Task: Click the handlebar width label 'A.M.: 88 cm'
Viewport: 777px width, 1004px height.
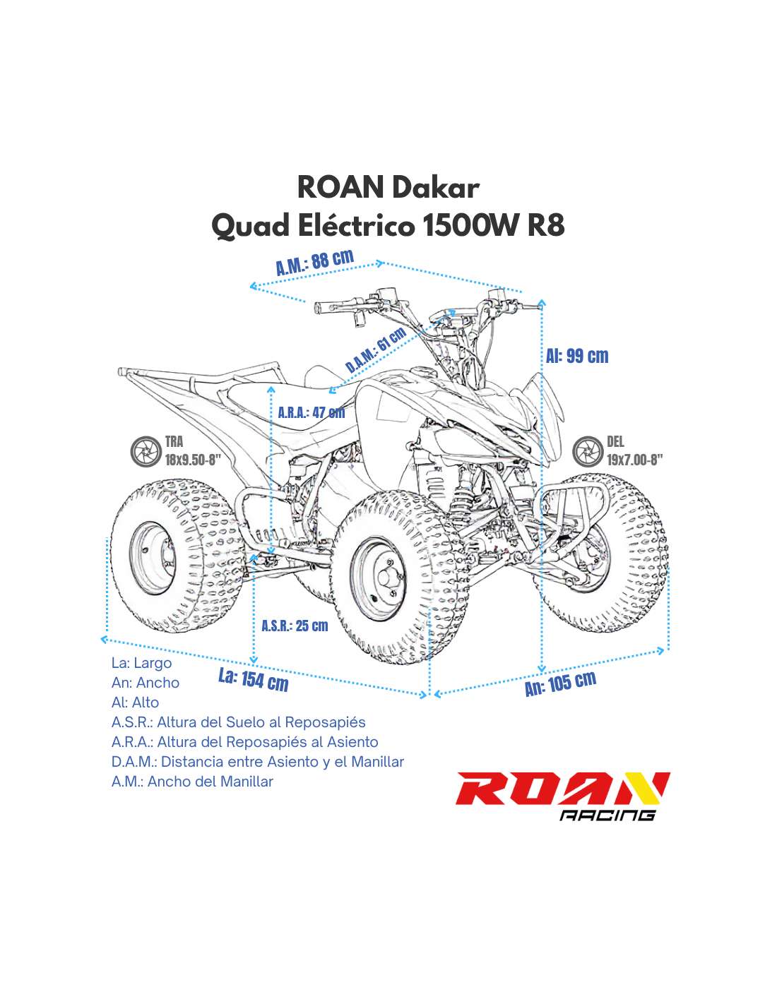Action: [x=314, y=262]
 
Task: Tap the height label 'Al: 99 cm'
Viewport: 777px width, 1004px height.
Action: [x=577, y=356]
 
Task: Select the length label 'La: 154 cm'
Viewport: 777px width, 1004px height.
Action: [x=254, y=680]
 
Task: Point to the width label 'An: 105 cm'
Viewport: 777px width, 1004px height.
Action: [x=560, y=683]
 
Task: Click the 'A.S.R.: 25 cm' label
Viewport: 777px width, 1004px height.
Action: [x=295, y=626]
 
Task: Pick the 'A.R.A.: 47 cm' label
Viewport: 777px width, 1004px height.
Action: [x=311, y=412]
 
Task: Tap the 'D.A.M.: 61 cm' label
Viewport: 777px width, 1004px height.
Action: [x=376, y=349]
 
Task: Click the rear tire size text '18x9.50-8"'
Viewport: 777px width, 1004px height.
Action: [x=193, y=460]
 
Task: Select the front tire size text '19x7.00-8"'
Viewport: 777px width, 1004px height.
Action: [x=634, y=460]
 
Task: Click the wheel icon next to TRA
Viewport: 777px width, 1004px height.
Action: [x=145, y=451]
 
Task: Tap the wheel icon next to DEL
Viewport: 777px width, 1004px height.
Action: [x=588, y=451]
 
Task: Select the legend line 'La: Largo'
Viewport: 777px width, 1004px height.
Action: [x=141, y=663]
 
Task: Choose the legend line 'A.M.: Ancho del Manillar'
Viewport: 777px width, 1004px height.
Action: [x=192, y=782]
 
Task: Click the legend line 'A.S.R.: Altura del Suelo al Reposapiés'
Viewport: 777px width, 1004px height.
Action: [x=239, y=722]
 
